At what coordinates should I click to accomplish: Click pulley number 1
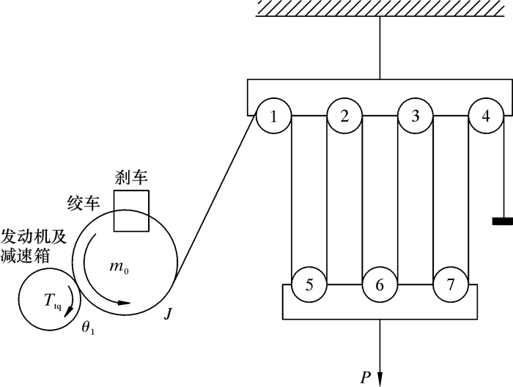(x=273, y=116)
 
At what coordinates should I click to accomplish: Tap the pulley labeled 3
(x=416, y=116)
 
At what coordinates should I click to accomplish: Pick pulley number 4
(x=486, y=116)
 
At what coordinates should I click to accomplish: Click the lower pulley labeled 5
(x=309, y=284)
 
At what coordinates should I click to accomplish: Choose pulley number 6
(x=380, y=284)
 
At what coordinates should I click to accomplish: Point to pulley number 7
(x=451, y=284)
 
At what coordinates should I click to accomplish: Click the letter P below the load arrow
(x=366, y=377)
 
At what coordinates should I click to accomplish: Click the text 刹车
(x=130, y=177)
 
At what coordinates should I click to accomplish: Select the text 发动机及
(x=37, y=236)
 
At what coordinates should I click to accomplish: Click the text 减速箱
(x=29, y=255)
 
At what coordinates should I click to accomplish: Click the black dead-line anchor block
(x=502, y=222)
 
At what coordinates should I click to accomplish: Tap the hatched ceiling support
(x=381, y=9)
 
